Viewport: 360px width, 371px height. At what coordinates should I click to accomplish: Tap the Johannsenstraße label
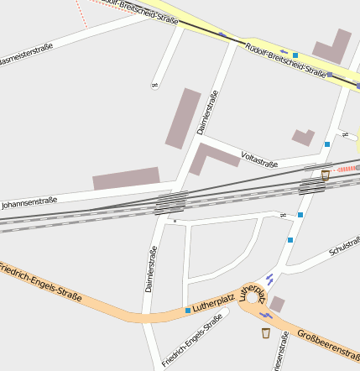tap(29, 202)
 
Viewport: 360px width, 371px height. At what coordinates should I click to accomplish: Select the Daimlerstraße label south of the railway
tap(151, 269)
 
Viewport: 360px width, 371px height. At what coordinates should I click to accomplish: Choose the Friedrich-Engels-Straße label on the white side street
tap(192, 340)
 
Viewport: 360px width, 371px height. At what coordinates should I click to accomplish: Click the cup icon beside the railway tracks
tap(325, 175)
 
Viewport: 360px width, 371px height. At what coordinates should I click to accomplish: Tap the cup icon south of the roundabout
tap(266, 333)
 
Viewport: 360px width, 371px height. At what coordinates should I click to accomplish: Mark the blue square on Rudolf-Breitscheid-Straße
tap(295, 55)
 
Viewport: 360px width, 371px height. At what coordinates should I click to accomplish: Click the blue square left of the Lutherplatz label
tap(187, 311)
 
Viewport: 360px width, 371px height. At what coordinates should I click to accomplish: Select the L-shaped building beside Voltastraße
tap(210, 157)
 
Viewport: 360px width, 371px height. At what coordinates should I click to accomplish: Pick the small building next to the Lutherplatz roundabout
tap(277, 304)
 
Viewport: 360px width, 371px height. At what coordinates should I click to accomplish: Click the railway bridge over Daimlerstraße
tap(170, 203)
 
